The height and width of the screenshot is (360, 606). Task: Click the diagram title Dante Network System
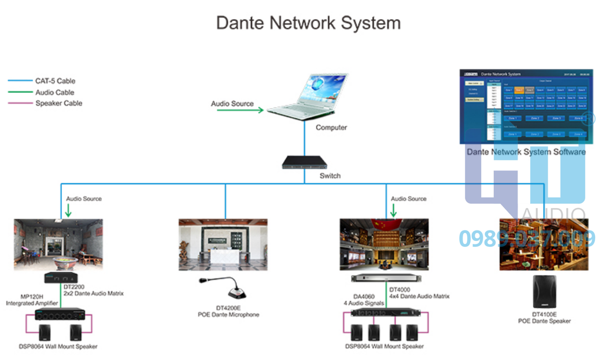click(308, 23)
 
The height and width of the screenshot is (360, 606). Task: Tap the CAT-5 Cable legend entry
click(56, 81)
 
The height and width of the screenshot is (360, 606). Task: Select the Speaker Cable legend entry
click(58, 103)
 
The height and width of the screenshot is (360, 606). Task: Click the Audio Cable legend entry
click(55, 92)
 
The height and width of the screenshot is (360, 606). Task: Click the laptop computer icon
click(306, 97)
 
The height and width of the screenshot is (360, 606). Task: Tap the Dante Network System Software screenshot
click(526, 106)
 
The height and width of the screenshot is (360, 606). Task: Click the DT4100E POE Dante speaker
click(544, 292)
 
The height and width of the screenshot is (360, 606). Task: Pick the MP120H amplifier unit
click(59, 315)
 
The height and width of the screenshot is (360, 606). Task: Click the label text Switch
click(330, 176)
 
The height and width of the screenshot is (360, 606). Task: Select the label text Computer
click(331, 128)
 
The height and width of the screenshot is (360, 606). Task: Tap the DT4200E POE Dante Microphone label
click(228, 311)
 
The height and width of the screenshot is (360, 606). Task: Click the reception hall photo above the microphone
click(223, 244)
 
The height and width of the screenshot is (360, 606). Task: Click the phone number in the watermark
click(527, 238)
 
